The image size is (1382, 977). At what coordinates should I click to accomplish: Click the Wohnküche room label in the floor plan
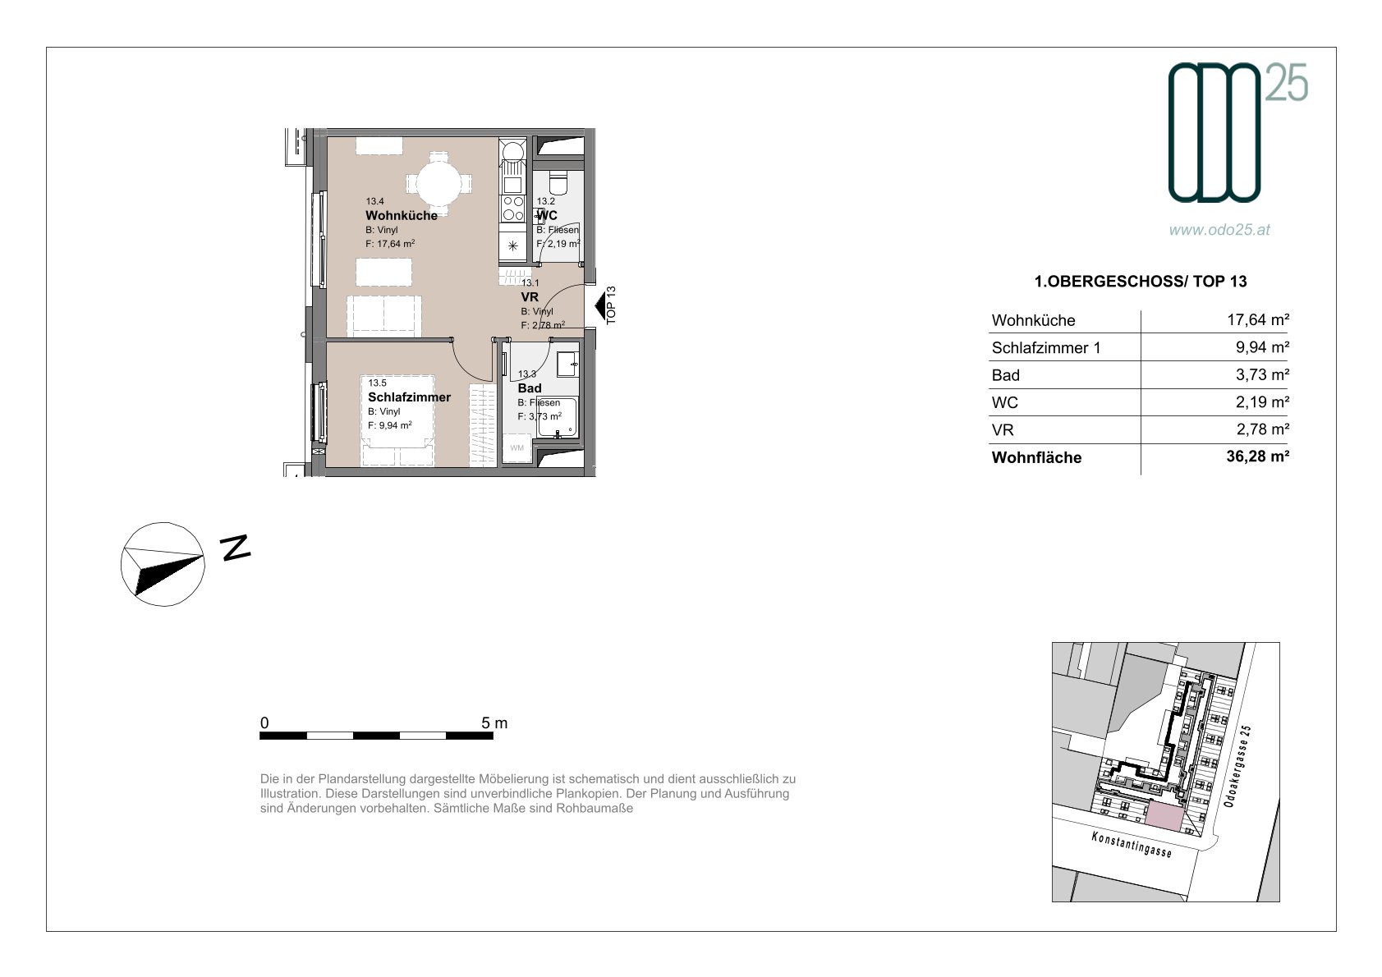click(401, 215)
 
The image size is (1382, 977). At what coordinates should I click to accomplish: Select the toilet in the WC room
click(558, 181)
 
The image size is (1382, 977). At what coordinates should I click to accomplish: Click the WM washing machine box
click(517, 447)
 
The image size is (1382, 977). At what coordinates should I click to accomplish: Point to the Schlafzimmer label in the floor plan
click(409, 397)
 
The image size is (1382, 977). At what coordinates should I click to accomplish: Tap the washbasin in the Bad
click(568, 364)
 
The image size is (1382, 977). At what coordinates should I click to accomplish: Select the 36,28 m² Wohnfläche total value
click(1257, 456)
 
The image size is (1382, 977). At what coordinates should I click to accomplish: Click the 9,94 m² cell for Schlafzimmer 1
click(1261, 347)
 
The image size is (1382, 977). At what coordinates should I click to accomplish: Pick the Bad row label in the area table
click(1005, 375)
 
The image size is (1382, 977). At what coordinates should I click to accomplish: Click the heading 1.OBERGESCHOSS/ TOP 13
click(1140, 282)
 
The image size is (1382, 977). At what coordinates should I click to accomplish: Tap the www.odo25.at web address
click(1219, 230)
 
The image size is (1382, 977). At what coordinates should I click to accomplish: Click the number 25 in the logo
click(1287, 83)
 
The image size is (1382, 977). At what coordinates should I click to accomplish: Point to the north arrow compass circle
click(163, 564)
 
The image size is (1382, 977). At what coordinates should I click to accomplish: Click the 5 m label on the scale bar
click(494, 722)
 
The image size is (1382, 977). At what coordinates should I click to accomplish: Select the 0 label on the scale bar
click(264, 722)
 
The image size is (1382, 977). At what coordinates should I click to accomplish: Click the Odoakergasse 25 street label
click(1237, 766)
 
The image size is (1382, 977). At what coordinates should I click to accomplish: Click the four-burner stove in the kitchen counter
click(512, 209)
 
